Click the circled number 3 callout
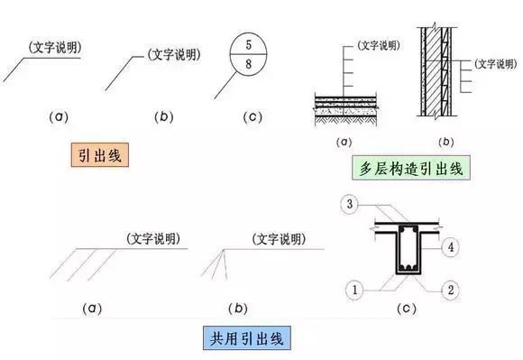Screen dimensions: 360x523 pyautogui.click(x=348, y=206)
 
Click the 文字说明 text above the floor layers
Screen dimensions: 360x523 pyautogui.click(x=378, y=42)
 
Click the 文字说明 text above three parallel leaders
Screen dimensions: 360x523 pyautogui.click(x=151, y=237)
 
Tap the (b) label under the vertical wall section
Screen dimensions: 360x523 pyautogui.click(x=445, y=142)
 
